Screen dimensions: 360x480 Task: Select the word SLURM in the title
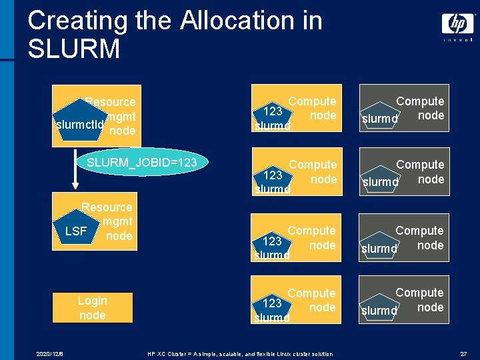74,49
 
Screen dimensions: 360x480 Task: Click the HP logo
458,24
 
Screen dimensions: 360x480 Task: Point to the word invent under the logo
458,39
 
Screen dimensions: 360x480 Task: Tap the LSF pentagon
76,231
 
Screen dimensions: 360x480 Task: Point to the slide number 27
463,353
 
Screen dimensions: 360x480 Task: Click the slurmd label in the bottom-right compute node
379,311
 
